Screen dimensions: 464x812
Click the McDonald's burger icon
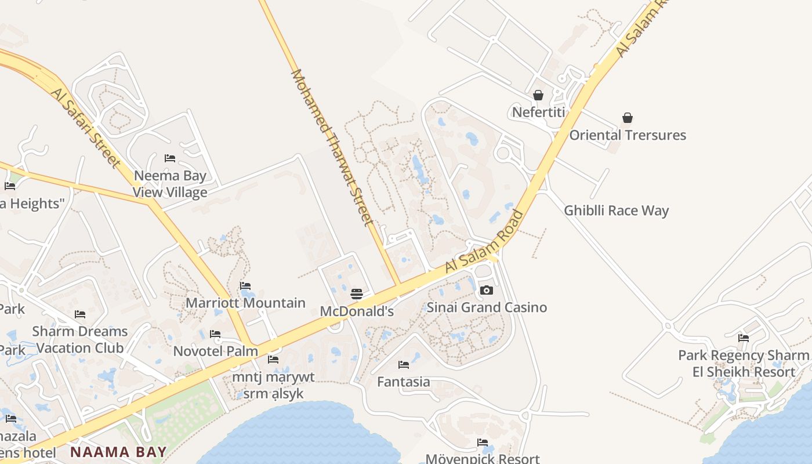(x=357, y=294)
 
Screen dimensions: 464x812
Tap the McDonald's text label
(x=357, y=311)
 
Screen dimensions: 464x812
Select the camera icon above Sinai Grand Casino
(x=487, y=290)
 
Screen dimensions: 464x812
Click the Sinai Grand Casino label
(x=487, y=307)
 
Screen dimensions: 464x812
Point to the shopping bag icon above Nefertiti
(x=538, y=95)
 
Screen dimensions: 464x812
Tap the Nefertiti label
(x=538, y=112)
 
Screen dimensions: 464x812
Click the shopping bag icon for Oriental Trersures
(x=627, y=118)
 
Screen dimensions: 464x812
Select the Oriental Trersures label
(x=627, y=135)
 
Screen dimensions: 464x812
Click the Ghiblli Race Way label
(x=616, y=211)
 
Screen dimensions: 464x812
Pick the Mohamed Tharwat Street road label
(x=332, y=148)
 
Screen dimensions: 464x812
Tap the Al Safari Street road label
(x=86, y=128)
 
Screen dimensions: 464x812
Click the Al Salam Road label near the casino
(x=485, y=242)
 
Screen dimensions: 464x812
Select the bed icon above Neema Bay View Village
(x=170, y=158)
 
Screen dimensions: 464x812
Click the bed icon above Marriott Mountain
(x=245, y=285)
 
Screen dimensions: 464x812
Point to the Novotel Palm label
(x=216, y=351)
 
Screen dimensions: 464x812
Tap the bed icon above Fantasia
(x=404, y=365)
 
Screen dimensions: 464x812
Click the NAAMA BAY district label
(x=118, y=451)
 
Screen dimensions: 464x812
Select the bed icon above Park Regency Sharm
(x=744, y=338)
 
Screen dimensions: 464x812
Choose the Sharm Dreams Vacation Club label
(x=80, y=339)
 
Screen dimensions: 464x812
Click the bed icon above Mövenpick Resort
(x=483, y=443)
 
